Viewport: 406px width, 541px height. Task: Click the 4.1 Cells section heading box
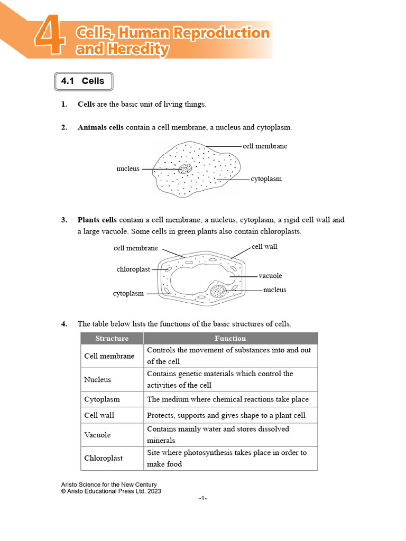click(x=83, y=81)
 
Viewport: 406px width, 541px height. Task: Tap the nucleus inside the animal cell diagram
click(x=184, y=169)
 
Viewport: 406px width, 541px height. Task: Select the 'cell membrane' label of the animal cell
click(x=265, y=146)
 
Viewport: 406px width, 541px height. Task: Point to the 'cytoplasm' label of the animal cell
click(x=266, y=179)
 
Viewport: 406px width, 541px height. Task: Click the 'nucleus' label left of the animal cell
click(x=128, y=169)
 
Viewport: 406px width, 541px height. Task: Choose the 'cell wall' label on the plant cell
click(x=264, y=247)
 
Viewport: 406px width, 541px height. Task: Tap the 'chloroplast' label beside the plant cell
click(x=133, y=269)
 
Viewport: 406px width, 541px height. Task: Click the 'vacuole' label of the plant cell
click(x=270, y=276)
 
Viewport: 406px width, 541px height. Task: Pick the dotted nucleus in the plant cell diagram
click(x=218, y=291)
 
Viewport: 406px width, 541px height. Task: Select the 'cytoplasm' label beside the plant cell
click(x=128, y=294)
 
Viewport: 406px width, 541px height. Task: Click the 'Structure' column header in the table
click(x=112, y=338)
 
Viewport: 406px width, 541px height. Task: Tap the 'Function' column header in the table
click(x=230, y=338)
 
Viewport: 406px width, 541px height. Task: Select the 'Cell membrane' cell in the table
click(x=109, y=356)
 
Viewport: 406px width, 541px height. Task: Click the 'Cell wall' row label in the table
click(x=99, y=415)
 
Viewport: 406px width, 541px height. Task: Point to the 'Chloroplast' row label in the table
click(x=104, y=458)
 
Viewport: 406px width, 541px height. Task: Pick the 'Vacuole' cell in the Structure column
click(x=98, y=435)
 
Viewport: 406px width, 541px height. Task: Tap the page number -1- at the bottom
click(x=203, y=499)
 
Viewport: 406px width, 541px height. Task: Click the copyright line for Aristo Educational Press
click(x=111, y=491)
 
